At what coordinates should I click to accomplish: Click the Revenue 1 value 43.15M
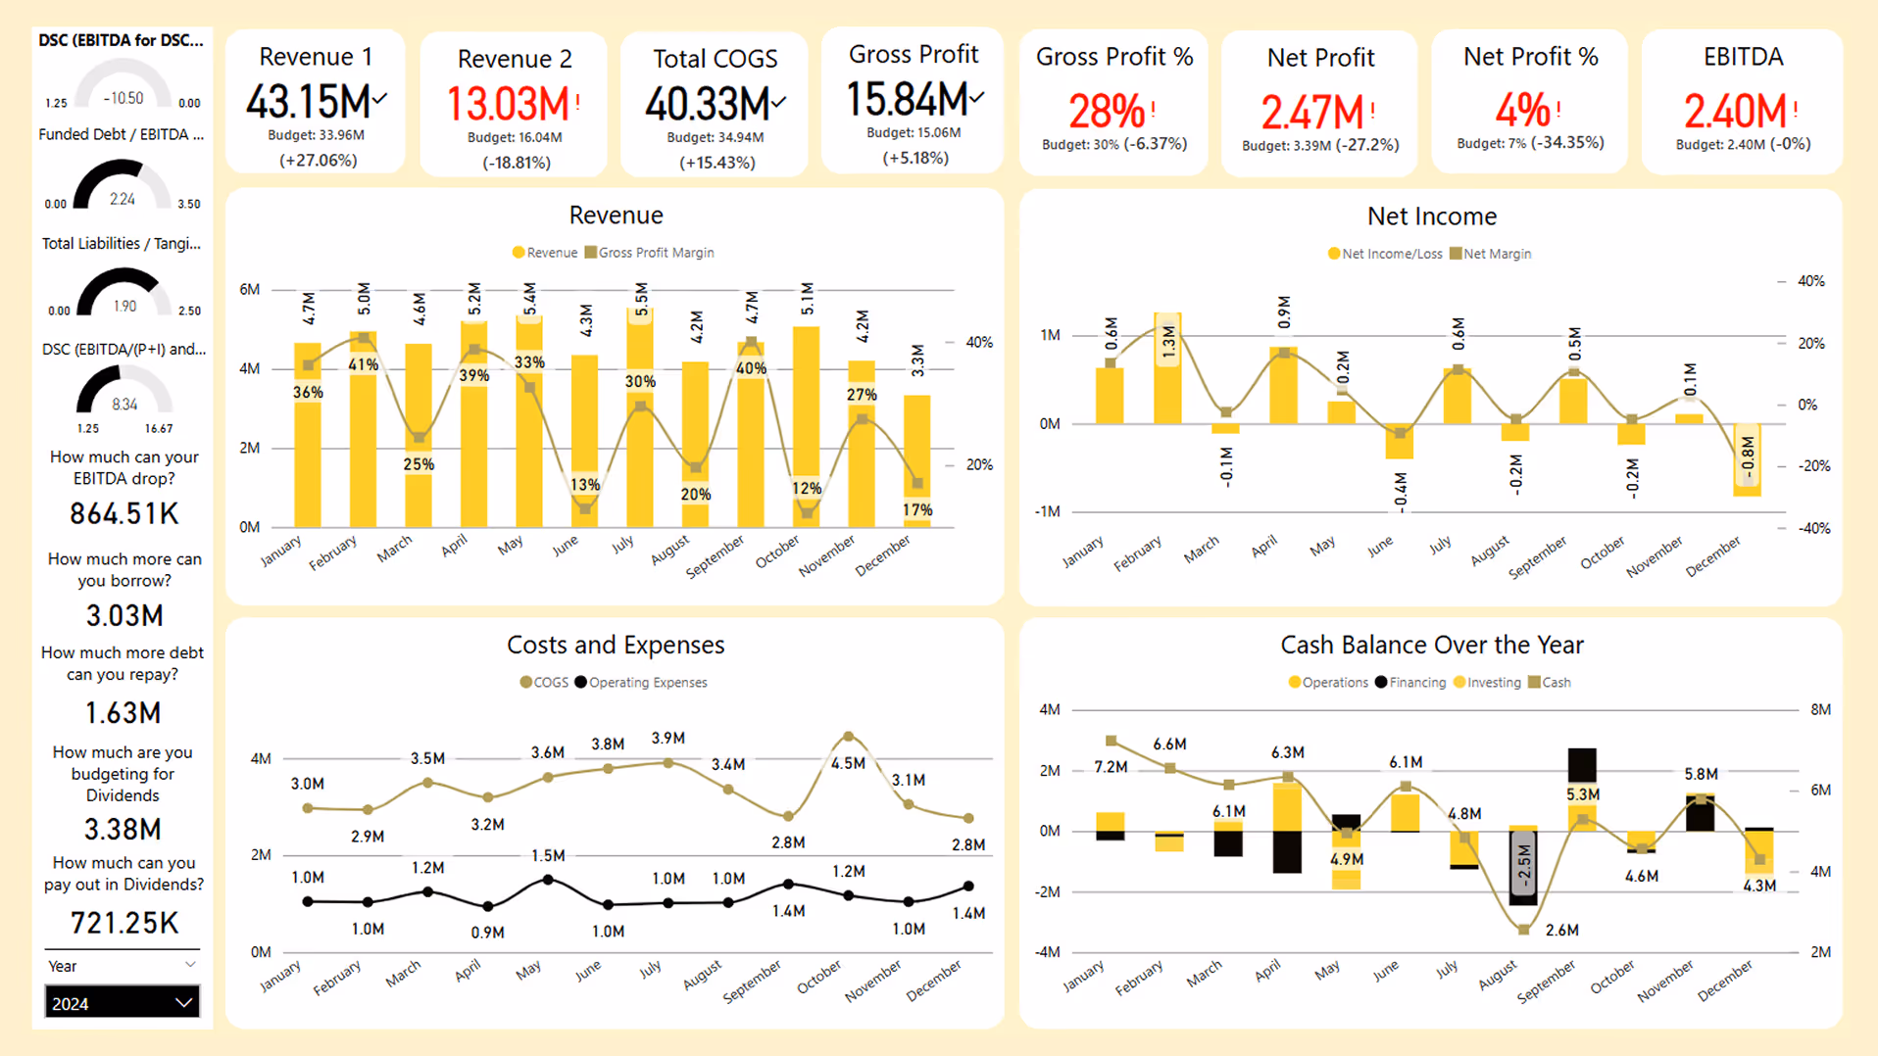[308, 102]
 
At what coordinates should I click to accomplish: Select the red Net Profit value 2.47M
[1311, 112]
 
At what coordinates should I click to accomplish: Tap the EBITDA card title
[1742, 57]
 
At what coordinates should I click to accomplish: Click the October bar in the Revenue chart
[807, 421]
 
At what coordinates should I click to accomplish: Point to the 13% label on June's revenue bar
[585, 484]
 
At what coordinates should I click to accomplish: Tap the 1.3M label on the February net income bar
[1167, 342]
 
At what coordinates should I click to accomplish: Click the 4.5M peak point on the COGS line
[848, 736]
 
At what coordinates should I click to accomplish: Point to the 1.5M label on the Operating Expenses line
[548, 855]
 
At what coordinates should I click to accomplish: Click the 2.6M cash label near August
[1561, 930]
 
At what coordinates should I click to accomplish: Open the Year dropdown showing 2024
[122, 1002]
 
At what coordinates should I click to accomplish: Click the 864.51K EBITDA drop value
[124, 513]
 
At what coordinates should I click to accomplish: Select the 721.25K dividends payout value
[124, 922]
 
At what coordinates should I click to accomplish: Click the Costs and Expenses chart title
[616, 645]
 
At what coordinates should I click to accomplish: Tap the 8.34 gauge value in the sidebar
[124, 404]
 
